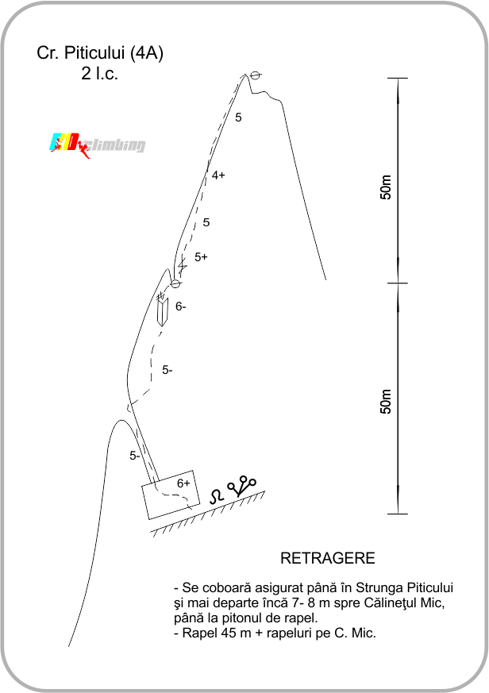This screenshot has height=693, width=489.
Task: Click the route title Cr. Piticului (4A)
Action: pos(100,53)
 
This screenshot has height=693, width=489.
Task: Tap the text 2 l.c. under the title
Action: pos(99,73)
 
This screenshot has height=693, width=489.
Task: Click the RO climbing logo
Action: pos(97,144)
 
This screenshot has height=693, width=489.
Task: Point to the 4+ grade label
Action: pos(218,175)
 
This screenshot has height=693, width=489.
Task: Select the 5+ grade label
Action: pos(201,256)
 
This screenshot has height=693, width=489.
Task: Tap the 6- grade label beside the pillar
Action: pos(181,306)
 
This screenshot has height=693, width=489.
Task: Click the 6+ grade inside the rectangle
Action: pos(183,483)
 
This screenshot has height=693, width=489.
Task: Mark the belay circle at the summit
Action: pos(255,75)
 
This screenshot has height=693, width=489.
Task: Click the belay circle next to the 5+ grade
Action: pos(175,283)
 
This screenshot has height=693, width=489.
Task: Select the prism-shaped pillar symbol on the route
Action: pos(163,312)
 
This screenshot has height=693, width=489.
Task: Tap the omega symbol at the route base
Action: pos(216,496)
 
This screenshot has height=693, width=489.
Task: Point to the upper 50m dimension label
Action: pos(386,187)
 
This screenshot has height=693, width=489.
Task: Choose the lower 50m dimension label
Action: pos(386,402)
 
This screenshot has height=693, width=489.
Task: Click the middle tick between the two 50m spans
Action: pos(398,283)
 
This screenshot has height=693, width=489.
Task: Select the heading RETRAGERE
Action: pos(328,558)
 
